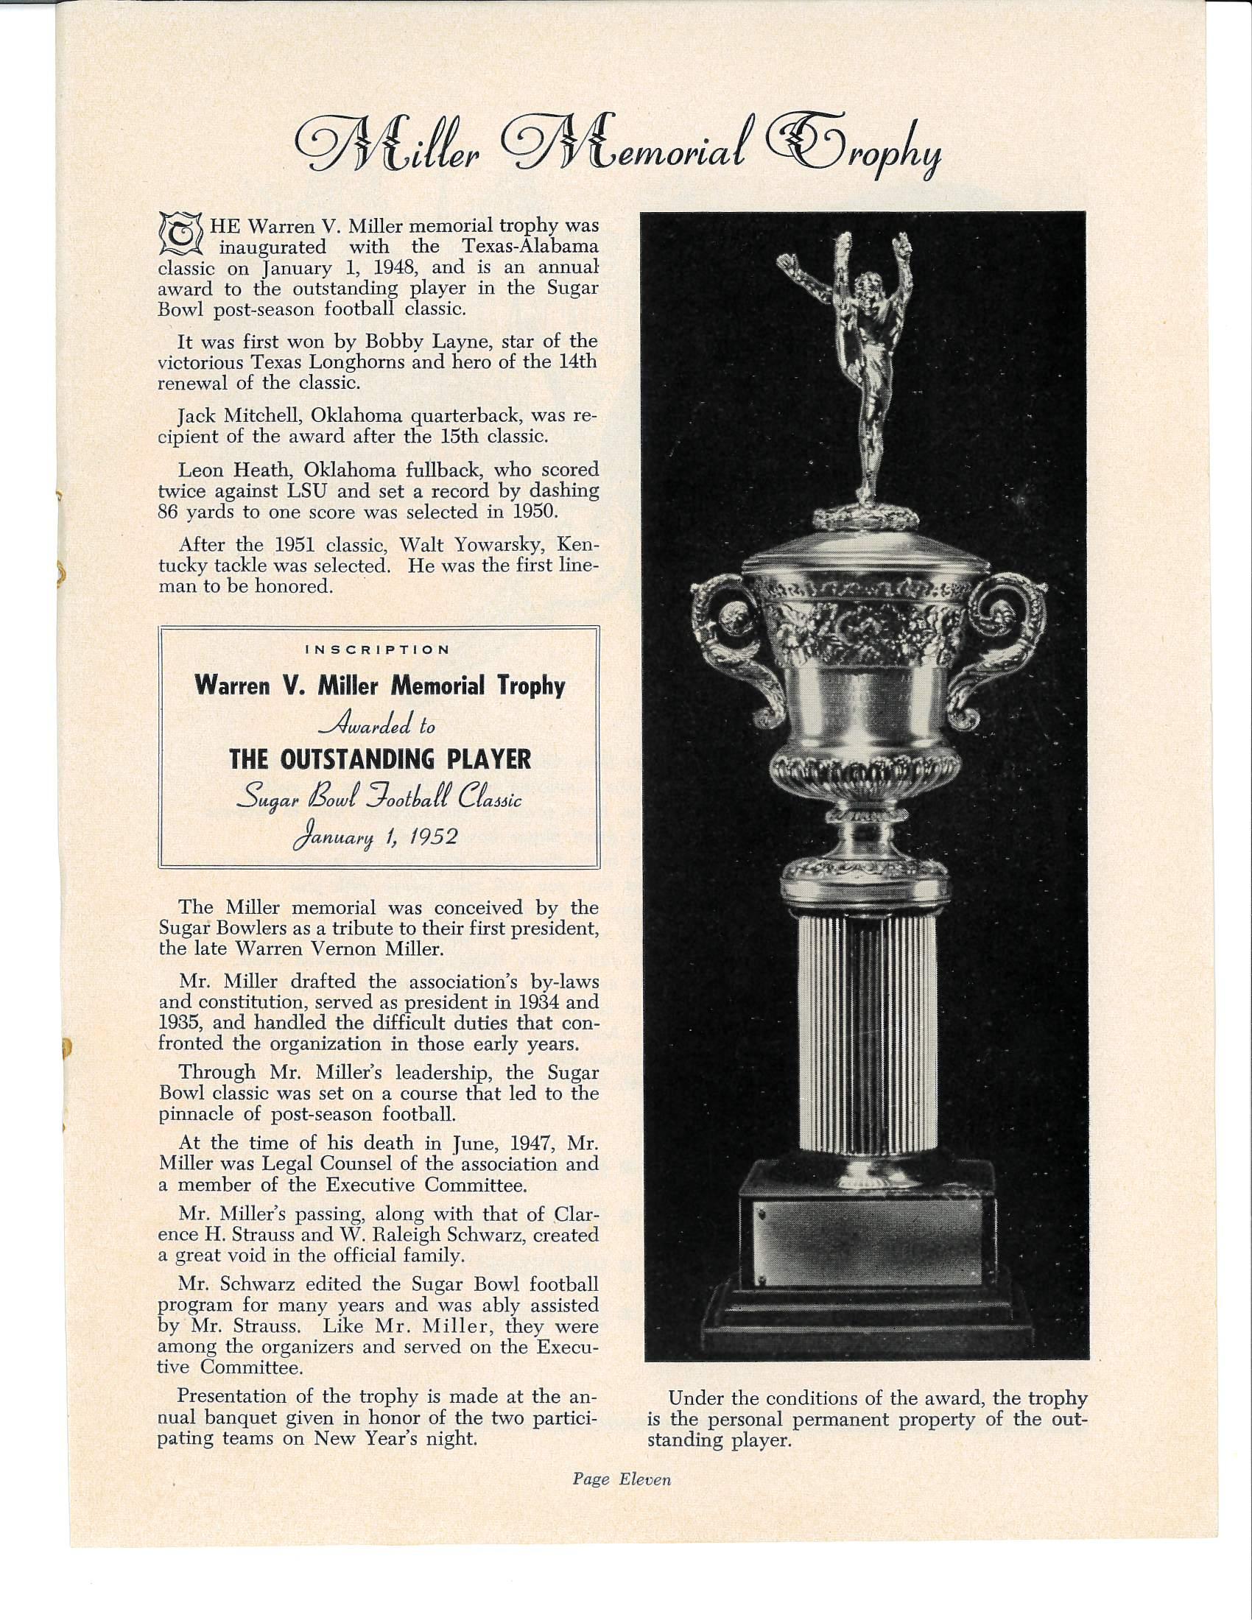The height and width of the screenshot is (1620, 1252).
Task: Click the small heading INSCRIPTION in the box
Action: pos(379,649)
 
